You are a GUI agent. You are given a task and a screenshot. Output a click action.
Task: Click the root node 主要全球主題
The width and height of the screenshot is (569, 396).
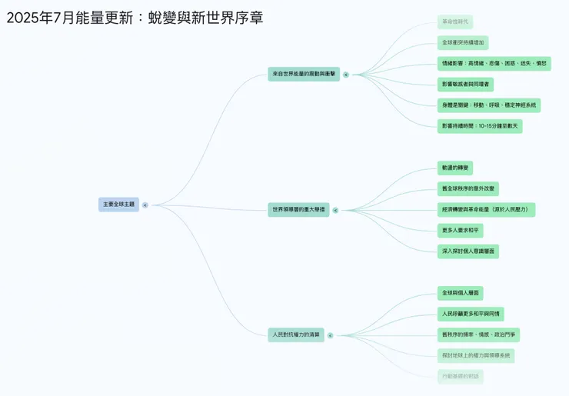point(118,205)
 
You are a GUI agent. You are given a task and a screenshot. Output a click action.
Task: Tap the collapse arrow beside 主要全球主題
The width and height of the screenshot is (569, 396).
point(145,205)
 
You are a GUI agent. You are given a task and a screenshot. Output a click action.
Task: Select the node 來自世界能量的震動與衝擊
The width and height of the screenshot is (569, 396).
point(304,74)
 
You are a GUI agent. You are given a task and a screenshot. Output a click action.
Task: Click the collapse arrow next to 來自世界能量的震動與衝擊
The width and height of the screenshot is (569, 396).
point(346,75)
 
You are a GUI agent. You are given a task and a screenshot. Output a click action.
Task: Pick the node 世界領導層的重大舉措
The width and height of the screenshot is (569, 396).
point(298,209)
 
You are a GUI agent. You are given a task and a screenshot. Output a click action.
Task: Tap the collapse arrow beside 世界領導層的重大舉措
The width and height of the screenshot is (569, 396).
point(337,209)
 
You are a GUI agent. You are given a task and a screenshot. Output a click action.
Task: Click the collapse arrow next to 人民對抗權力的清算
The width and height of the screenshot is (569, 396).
point(331,335)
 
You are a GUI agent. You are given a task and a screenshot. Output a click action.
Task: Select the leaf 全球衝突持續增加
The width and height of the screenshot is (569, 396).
point(463,43)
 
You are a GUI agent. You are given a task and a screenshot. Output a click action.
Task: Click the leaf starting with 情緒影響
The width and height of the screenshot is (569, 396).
point(494,63)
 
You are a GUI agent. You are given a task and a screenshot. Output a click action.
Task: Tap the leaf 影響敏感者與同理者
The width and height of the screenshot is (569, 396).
point(465,84)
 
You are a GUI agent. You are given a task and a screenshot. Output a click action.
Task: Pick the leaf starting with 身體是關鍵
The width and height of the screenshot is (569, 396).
point(488,105)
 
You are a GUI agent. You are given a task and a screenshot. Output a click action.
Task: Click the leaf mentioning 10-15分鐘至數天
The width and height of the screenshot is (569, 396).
point(480,125)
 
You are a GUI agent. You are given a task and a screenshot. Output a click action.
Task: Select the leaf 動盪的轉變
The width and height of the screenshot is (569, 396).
point(455,168)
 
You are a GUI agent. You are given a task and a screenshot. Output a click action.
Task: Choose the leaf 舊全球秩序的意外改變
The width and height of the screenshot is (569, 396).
point(468,188)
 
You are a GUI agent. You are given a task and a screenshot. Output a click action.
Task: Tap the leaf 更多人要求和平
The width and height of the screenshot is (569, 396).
point(461,230)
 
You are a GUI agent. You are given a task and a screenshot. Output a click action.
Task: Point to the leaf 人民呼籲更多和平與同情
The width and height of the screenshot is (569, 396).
point(471,314)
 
